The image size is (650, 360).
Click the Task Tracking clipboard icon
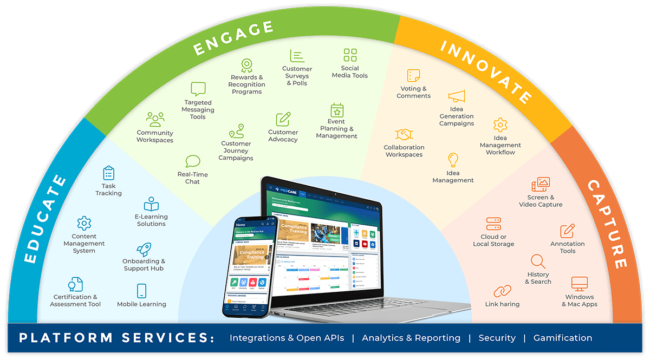pos(109,173)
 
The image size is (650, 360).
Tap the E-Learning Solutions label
pos(151,220)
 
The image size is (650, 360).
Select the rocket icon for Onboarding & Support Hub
pos(144,249)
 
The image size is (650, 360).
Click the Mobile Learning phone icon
pos(142,291)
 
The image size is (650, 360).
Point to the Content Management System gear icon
pos(84,223)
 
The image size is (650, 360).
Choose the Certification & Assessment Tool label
pos(75,300)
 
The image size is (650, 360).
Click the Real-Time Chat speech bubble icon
pos(193,161)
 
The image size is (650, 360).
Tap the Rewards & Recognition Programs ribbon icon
pos(247,66)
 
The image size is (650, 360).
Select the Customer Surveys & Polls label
pos(297,76)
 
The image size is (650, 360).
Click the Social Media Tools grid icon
pos(350,55)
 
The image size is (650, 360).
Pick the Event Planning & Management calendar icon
pos(337,110)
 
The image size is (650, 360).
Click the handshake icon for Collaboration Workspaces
pos(404,134)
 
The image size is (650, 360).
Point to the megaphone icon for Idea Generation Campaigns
pos(457,97)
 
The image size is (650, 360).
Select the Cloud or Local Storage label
pos(493,240)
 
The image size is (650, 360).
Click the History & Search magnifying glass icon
pos(538,261)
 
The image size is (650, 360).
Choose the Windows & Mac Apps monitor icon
pos(580,284)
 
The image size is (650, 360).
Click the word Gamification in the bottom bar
pos(563,338)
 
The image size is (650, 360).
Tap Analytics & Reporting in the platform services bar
pos(411,338)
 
